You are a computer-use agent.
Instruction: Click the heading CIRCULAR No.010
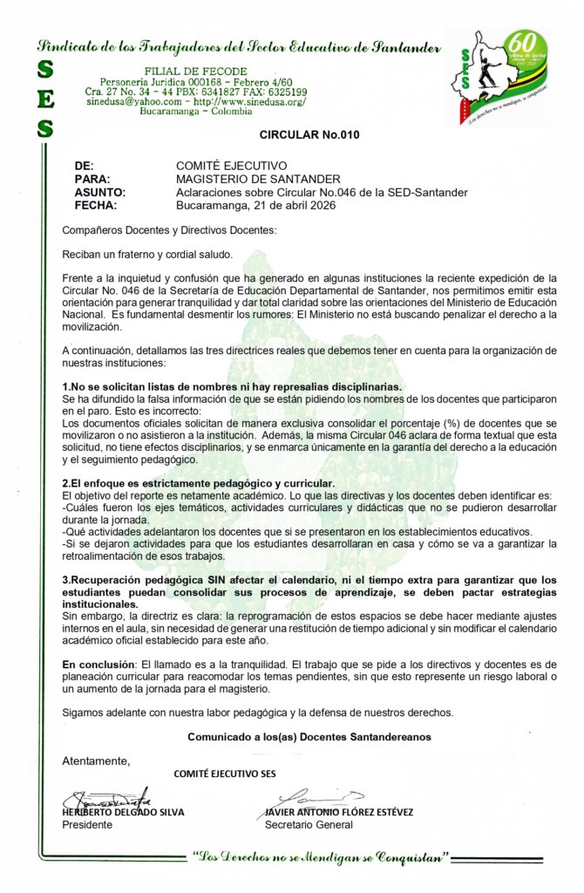309,135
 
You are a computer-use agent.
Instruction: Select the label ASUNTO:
100,193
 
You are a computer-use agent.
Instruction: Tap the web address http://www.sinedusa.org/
248,102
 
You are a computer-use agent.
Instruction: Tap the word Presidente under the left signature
86,825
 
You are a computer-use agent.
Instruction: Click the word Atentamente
96,761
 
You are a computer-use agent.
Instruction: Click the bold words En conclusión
98,665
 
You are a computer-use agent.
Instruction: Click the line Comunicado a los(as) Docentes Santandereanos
309,737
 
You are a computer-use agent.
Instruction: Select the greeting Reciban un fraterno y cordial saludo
147,254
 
